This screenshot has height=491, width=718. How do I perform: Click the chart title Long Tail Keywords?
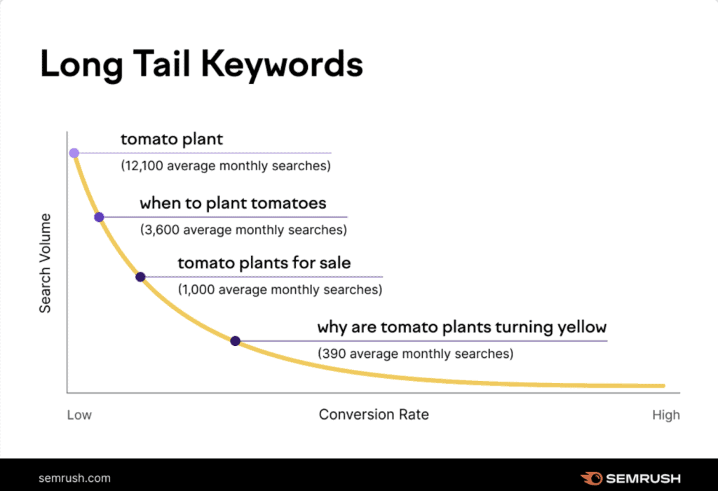202,64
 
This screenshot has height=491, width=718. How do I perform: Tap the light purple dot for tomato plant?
74,153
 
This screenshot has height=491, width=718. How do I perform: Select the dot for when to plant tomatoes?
99,217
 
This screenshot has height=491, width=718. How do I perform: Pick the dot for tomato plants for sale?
140,277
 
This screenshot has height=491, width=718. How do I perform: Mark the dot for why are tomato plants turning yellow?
235,341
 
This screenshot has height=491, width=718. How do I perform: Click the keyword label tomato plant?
172,139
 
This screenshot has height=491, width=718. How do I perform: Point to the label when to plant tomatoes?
233,204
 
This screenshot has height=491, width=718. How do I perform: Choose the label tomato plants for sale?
264,263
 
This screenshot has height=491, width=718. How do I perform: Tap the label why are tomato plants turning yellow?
461,327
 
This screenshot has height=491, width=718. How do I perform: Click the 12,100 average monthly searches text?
225,167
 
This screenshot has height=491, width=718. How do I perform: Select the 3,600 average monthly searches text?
243,230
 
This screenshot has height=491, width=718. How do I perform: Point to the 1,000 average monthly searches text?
280,289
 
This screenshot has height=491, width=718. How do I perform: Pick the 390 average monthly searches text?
415,354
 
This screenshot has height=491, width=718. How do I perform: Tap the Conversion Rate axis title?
374,415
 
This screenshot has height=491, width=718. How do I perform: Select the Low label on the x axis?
79,415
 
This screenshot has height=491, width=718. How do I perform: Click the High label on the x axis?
665,415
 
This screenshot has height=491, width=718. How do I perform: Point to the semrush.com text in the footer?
74,478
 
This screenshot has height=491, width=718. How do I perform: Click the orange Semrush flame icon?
591,478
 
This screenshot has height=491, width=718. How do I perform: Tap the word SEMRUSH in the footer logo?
644,478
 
